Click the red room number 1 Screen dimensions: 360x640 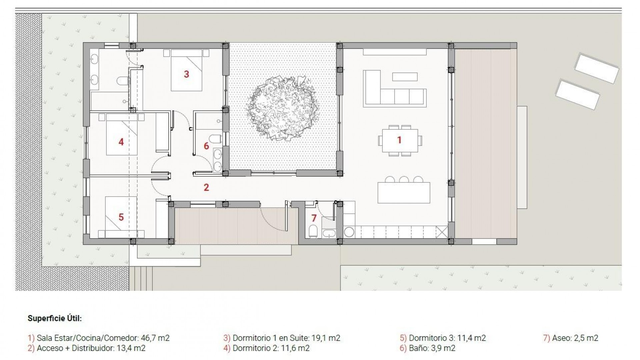pyautogui.click(x=399, y=140)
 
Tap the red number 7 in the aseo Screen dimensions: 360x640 pyautogui.click(x=314, y=218)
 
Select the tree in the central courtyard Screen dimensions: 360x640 pyautogui.click(x=283, y=108)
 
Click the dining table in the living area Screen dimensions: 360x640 pyautogui.click(x=400, y=141)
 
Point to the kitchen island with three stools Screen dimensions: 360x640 pyautogui.click(x=404, y=193)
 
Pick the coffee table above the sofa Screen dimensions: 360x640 pyautogui.click(x=405, y=77)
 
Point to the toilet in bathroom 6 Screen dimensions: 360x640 pyautogui.click(x=216, y=138)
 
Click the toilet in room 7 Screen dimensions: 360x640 pyautogui.click(x=313, y=231)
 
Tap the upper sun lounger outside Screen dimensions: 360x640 pyautogui.click(x=597, y=68)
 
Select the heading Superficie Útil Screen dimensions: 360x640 pyautogui.click(x=55, y=318)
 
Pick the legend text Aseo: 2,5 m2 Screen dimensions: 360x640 pyautogui.click(x=575, y=338)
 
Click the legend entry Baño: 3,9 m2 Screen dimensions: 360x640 pyautogui.click(x=432, y=348)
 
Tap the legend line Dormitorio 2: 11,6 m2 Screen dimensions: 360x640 pyautogui.click(x=271, y=348)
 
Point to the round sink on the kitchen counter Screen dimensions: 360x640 pyautogui.click(x=349, y=232)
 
